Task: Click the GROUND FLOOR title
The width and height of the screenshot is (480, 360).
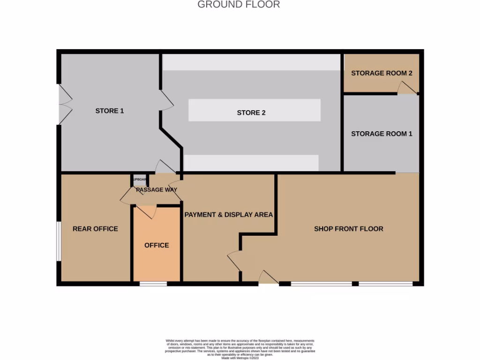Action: point(239,5)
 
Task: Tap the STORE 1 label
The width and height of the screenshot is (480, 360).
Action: point(110,111)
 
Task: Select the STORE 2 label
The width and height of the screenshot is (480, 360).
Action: point(251,112)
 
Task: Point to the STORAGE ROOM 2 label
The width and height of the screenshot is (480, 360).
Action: point(382,73)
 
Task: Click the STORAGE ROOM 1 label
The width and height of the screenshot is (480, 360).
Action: point(382,134)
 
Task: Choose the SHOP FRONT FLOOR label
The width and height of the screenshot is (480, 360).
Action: point(348,229)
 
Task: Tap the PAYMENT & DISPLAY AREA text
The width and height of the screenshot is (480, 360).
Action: point(228,215)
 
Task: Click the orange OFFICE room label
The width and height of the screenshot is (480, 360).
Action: point(157,245)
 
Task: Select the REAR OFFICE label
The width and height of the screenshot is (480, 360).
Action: point(95,229)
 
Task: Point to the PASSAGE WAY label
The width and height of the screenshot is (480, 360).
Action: point(157,190)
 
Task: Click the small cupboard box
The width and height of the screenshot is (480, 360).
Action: point(140,180)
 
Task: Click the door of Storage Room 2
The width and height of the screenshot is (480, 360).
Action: point(407,88)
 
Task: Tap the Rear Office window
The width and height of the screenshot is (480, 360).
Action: point(59,241)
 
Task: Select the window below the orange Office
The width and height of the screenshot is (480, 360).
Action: point(153,283)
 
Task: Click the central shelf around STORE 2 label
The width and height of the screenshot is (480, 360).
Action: point(255,111)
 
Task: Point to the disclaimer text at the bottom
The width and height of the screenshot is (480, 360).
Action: point(240,349)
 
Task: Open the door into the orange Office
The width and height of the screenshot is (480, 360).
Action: point(146,211)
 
